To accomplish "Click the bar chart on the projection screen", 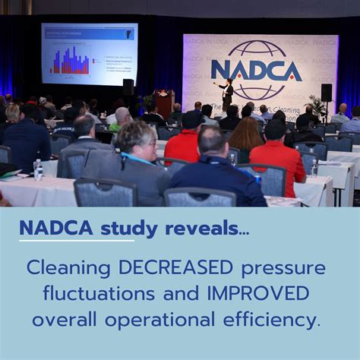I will click(x=71, y=61).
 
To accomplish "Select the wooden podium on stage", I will click(x=164, y=103).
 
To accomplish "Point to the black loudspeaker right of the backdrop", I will click(x=326, y=92).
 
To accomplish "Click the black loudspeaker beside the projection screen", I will click(x=128, y=87).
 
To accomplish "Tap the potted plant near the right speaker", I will click(x=314, y=108).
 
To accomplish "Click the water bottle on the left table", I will click(x=38, y=169).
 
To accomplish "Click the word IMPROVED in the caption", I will click(x=252, y=292).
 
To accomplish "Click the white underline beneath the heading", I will click(x=77, y=241).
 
